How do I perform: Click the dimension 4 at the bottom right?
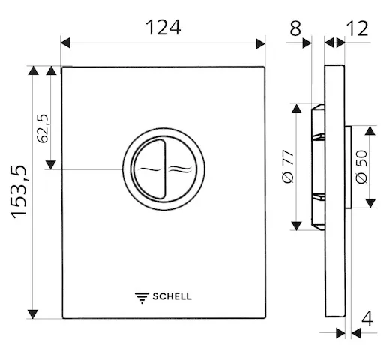pos(367,318)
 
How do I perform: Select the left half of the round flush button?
pos(148,169)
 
